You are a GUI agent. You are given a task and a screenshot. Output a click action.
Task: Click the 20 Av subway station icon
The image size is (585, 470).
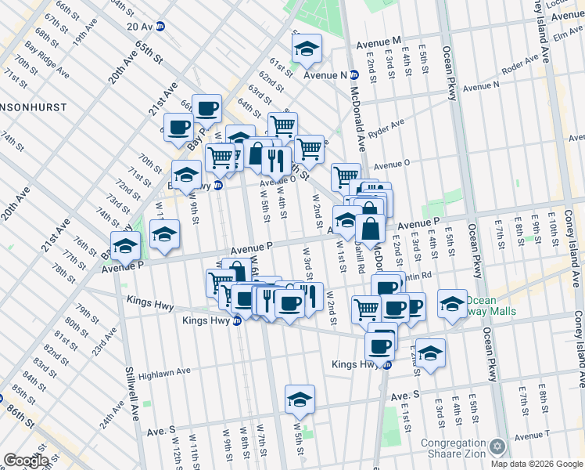[160, 26]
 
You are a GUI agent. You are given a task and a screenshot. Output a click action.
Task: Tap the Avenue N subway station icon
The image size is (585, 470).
[354, 75]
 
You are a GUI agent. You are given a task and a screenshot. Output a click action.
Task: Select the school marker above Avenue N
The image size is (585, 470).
[307, 49]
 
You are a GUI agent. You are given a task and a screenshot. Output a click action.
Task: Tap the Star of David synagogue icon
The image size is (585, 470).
[497, 447]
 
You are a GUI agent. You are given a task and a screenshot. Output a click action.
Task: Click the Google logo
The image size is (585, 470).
[25, 461]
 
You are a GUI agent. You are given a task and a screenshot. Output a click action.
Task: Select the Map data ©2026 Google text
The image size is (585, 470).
[537, 464]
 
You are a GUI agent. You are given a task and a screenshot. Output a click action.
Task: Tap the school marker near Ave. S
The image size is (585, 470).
[300, 402]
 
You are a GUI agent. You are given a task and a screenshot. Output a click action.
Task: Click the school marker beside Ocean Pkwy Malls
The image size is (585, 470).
[452, 304]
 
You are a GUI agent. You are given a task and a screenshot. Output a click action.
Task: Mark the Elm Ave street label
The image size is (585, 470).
[568, 34]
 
